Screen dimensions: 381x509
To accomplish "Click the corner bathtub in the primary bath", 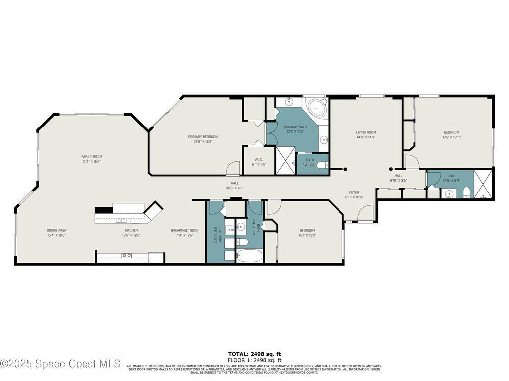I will point(317,107).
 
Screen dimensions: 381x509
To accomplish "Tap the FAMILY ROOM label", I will point(91,157).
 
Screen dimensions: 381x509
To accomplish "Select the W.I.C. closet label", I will point(258,160).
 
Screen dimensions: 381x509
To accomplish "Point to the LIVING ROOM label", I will point(365,132).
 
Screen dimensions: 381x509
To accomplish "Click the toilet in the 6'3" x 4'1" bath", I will point(322,165).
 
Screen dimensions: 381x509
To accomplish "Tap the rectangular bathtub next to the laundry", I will point(250,256).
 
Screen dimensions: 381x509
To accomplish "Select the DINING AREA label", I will point(56,230).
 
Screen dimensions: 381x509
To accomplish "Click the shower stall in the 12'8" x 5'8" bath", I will point(483,184).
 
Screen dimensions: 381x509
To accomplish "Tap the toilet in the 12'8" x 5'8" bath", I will point(467,192).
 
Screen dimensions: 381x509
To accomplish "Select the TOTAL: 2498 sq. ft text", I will point(254,354).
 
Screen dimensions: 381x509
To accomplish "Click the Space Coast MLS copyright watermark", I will point(61,364).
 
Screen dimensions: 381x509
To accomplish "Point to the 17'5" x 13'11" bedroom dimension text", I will point(451,137).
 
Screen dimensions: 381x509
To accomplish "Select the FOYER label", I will point(354,192).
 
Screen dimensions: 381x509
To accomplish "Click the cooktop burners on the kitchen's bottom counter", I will point(127,256).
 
